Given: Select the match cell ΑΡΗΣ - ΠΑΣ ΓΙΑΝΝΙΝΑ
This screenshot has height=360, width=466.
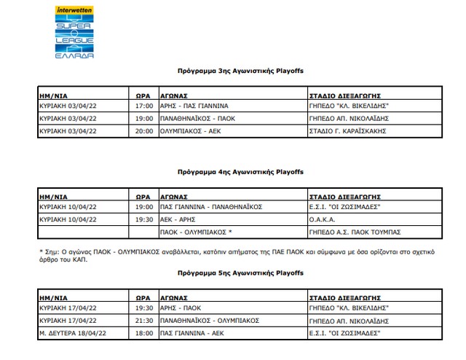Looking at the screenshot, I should (x=192, y=106).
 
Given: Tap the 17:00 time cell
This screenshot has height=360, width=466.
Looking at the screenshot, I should (x=145, y=106).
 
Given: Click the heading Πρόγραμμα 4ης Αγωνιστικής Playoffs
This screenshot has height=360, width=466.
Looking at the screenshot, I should (x=240, y=172).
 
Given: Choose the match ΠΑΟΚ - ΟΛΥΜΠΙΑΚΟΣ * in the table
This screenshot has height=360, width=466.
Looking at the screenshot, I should (x=197, y=232).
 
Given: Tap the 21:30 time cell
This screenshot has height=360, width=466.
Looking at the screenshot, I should (x=145, y=320).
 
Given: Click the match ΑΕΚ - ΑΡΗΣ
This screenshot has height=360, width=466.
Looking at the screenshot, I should (x=178, y=219).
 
